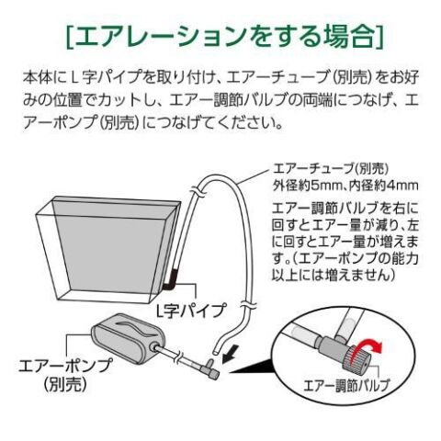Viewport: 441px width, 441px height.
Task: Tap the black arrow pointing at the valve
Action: pos(232,353)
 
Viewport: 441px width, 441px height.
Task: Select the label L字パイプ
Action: pos(191,311)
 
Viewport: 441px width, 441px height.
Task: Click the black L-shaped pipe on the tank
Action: pos(170,280)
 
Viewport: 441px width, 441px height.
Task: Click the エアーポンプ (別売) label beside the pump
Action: pos(65,375)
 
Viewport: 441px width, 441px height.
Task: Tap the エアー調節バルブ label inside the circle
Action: pos(347,385)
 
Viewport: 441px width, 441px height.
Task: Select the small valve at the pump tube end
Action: pos(211,368)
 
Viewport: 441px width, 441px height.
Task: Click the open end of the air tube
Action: pos(216,351)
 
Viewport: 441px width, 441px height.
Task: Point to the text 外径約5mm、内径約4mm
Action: pos(345,186)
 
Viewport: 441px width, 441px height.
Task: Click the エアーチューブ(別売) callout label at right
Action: pos(331,168)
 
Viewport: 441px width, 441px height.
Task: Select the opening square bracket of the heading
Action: pos(70,36)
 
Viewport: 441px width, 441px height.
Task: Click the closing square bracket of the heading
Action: pos(379,36)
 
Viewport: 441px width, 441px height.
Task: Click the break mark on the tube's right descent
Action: pos(247,306)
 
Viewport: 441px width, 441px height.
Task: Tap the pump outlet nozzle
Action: pos(155,348)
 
